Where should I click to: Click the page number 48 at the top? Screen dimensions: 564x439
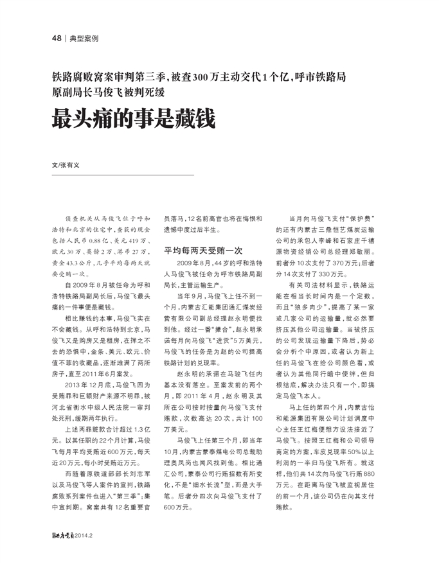(56, 39)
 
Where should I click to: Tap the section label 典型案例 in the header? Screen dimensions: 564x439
(84, 39)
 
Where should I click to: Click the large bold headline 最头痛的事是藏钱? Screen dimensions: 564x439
(133, 119)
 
